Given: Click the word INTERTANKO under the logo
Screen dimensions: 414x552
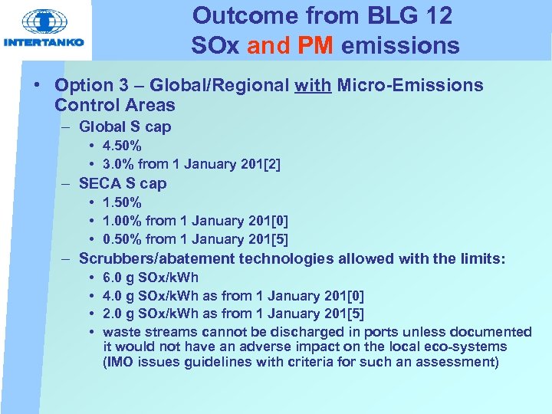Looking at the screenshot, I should [x=44, y=43].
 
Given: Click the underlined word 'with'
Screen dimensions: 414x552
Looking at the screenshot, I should [x=313, y=85].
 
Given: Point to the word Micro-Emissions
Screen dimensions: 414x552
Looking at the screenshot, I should [x=410, y=85].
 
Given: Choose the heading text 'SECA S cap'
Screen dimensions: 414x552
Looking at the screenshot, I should [x=123, y=183].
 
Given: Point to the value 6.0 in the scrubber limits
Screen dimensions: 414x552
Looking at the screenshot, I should [x=112, y=278].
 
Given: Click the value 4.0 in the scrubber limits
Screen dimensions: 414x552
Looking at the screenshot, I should [x=112, y=295].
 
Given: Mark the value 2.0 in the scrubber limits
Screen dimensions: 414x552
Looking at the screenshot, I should [x=112, y=314].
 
